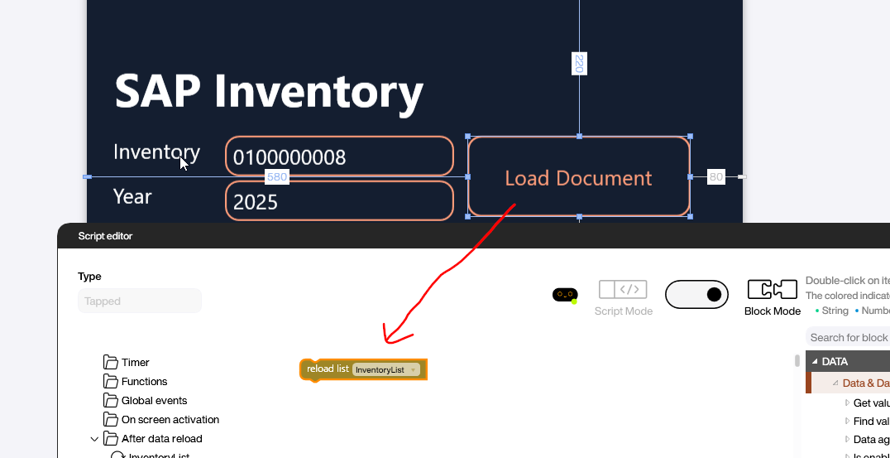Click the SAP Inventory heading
tap(269, 90)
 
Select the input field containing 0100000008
tap(339, 157)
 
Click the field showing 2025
tap(339, 201)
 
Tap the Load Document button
tap(578, 177)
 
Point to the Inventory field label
tap(156, 152)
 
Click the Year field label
tap(132, 196)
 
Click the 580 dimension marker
tap(276, 176)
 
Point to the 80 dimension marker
tap(715, 176)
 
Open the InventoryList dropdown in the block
tap(386, 369)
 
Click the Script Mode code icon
tap(623, 289)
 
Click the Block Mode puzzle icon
tap(771, 290)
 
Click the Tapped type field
tap(139, 301)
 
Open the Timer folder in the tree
tap(135, 362)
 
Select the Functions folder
tap(144, 381)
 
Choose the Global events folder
tap(154, 400)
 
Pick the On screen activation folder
tap(170, 419)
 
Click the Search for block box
tap(847, 337)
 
